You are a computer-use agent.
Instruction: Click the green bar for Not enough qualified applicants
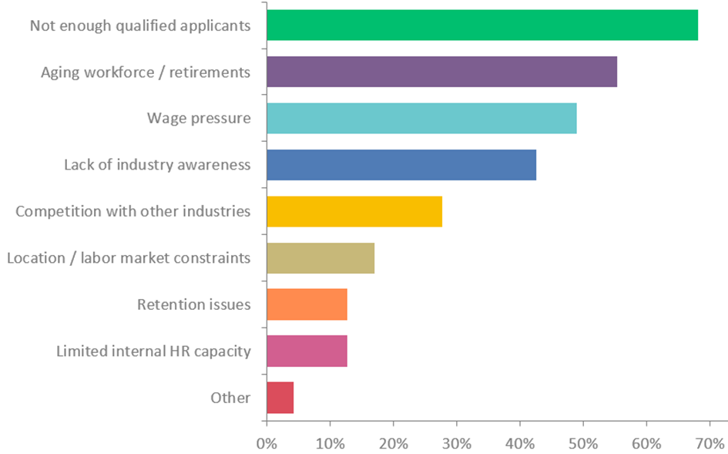481,25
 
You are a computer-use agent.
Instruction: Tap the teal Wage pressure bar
421,118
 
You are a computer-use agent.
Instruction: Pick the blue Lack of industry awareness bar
401,165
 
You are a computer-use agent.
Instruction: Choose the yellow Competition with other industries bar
354,211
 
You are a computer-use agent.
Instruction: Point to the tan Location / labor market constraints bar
320,257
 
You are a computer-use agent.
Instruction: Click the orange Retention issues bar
307,304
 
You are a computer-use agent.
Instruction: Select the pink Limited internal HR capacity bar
307,351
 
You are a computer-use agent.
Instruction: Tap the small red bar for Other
280,398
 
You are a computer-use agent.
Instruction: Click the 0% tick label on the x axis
267,443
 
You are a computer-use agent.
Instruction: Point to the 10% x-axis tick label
330,443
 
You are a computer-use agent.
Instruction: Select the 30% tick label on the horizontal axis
456,443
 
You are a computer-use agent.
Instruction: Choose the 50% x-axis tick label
583,443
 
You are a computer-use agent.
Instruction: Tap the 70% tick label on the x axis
710,443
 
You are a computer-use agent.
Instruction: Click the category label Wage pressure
199,119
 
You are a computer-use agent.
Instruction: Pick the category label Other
230,399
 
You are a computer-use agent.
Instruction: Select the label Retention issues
193,305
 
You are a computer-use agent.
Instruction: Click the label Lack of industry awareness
157,165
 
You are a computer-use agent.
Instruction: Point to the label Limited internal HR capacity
153,351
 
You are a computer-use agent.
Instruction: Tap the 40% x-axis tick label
520,443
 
